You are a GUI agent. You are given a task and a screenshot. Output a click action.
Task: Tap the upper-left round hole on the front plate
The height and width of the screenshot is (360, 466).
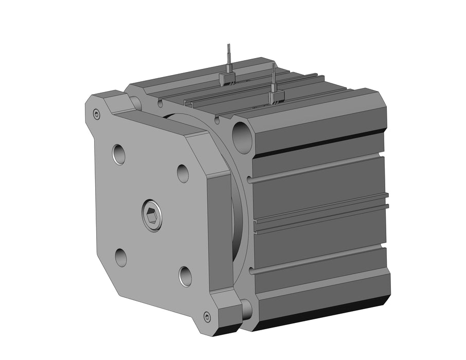pyautogui.click(x=119, y=154)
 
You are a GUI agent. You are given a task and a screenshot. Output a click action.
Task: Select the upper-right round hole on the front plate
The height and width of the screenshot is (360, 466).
pyautogui.click(x=183, y=173)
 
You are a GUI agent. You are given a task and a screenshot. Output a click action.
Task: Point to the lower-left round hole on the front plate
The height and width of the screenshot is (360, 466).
pyautogui.click(x=121, y=257)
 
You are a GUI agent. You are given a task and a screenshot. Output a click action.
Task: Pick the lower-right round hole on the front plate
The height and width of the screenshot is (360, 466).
pyautogui.click(x=185, y=276)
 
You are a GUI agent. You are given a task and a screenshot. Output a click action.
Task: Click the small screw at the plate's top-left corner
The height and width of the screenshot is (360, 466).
pyautogui.click(x=96, y=114)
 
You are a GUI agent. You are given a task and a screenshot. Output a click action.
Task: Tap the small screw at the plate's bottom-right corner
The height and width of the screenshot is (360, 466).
pyautogui.click(x=207, y=317)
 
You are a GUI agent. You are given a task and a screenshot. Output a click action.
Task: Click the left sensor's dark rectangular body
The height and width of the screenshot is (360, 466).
pyautogui.click(x=227, y=78)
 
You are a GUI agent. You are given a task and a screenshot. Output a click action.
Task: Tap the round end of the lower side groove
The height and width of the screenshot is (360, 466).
pyautogui.click(x=251, y=269)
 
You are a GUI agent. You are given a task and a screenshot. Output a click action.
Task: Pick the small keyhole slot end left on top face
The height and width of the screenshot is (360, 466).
pyautogui.click(x=160, y=103)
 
